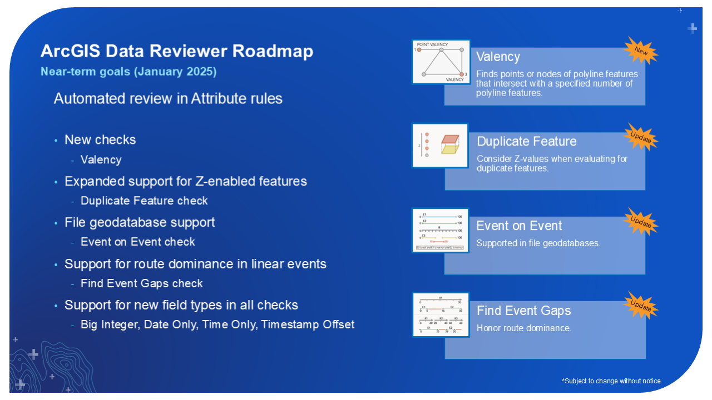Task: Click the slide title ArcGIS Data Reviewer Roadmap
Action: tap(176, 51)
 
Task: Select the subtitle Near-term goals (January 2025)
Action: tap(128, 72)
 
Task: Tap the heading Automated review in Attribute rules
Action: tap(168, 98)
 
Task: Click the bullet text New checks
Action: tap(100, 140)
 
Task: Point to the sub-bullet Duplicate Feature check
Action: tap(144, 201)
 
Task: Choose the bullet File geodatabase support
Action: tap(140, 222)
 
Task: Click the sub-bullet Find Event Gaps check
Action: tap(142, 283)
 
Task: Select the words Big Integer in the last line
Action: tap(109, 324)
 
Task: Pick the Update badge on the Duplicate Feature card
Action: tap(641, 137)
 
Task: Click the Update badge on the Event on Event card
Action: tap(641, 222)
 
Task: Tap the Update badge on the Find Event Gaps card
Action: tap(641, 306)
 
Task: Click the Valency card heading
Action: tap(498, 57)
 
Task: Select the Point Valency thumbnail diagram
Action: tap(441, 62)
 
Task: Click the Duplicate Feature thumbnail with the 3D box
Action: tap(440, 146)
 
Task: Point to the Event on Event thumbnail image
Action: tap(440, 230)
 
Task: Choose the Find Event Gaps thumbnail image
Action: tap(440, 314)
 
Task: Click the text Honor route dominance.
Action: tap(524, 328)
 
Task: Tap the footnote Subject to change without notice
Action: tap(611, 381)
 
